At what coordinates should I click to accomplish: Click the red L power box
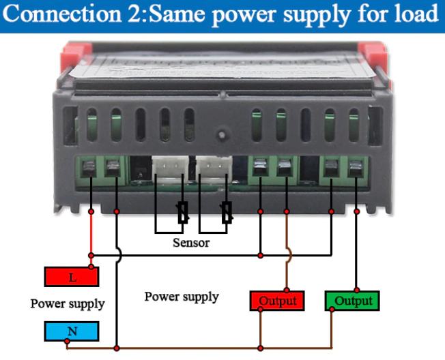pos(72,277)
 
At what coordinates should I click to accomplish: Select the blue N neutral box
pos(72,331)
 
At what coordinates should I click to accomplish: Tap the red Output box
pos(278,301)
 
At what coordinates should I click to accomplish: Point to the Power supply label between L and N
pos(68,304)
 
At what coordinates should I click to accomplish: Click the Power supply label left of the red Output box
pos(182,297)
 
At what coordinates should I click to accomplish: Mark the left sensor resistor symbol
pos(182,213)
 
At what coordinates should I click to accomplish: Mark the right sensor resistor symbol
pos(228,213)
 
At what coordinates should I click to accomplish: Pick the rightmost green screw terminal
pos(355,168)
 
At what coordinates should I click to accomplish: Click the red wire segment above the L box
pos(91,235)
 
